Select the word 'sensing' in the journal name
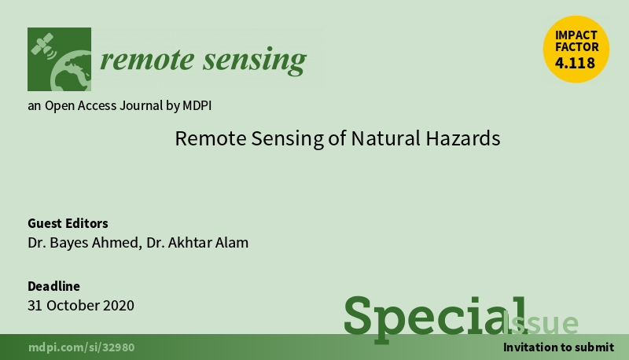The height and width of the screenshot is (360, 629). (255, 61)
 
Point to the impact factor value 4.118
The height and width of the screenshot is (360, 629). (575, 63)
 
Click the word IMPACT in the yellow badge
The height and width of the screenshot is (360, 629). (576, 35)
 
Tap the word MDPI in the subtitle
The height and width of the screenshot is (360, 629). (197, 105)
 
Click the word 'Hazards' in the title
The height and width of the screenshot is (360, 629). (463, 138)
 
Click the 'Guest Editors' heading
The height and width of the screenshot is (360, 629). (68, 223)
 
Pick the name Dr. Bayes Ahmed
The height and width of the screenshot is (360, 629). (83, 243)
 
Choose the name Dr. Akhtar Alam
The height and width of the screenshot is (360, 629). (197, 243)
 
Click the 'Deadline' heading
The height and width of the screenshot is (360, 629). (53, 286)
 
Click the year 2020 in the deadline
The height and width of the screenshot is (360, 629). (119, 306)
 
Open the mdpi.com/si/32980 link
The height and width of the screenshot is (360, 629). (82, 347)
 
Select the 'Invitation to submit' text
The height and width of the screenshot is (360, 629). (558, 347)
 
